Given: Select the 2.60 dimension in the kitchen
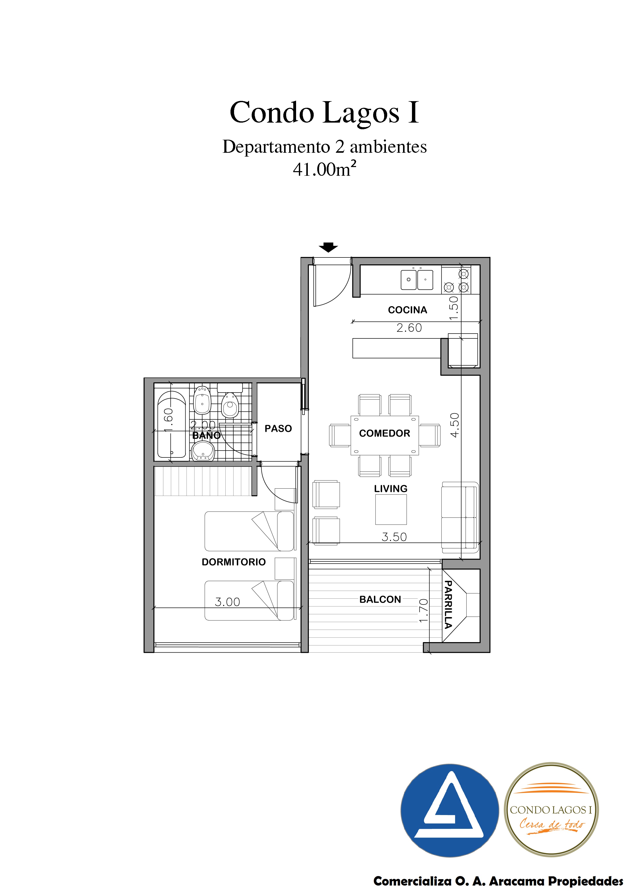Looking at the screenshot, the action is tap(409, 328).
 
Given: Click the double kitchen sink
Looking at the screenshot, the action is tap(417, 279).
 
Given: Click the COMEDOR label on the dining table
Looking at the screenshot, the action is tap(385, 433).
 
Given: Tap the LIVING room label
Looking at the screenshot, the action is tap(391, 489).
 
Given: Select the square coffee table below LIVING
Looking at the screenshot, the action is tap(391, 509).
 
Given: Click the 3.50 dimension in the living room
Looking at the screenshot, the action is tap(394, 537).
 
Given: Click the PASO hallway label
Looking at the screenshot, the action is tap(278, 429).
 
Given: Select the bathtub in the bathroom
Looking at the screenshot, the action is tap(172, 425).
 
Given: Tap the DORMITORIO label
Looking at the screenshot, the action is tap(234, 562).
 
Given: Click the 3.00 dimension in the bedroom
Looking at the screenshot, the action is tap(227, 602).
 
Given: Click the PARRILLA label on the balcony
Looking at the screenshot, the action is tap(448, 605).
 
